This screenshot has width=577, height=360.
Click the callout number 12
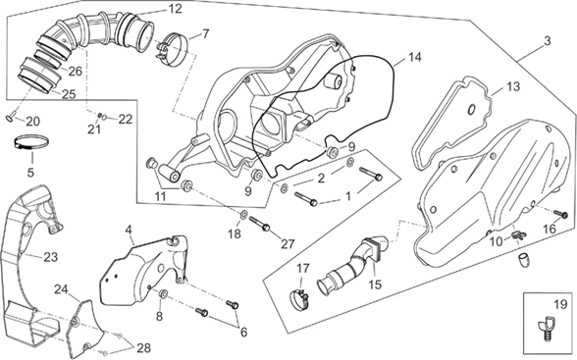pyautogui.click(x=175, y=8)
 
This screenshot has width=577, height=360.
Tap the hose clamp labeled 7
pyautogui.click(x=173, y=50)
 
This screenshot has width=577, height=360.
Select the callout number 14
pyautogui.click(x=414, y=57)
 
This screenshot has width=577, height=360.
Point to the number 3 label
pyautogui.click(x=548, y=41)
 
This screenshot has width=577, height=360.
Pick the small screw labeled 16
pyautogui.click(x=561, y=214)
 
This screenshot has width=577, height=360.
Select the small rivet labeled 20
pyautogui.click(x=11, y=116)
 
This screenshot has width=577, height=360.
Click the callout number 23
pyautogui.click(x=50, y=257)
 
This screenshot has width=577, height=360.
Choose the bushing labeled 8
pyautogui.click(x=163, y=294)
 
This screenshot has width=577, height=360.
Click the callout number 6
pyautogui.click(x=243, y=333)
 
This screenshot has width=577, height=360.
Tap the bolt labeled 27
pyautogui.click(x=260, y=224)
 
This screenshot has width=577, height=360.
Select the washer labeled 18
pyautogui.click(x=243, y=214)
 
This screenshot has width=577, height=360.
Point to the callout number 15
pyautogui.click(x=375, y=284)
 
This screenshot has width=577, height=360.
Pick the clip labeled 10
pyautogui.click(x=518, y=235)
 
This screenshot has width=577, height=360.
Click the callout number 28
pyautogui.click(x=143, y=347)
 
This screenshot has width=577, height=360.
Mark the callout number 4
pyautogui.click(x=128, y=230)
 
